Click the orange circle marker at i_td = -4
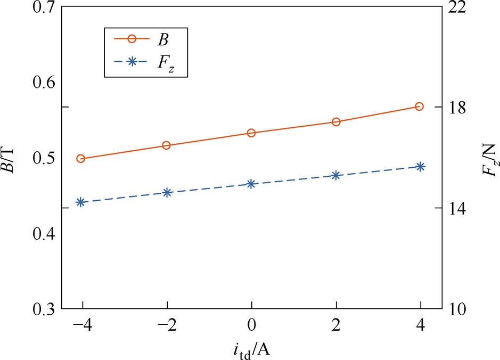click(81, 159)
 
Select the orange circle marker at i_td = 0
click(251, 133)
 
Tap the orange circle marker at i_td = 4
click(420, 107)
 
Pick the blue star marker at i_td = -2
click(167, 193)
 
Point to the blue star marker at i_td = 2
click(336, 175)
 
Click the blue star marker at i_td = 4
click(420, 167)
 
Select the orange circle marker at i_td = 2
click(336, 122)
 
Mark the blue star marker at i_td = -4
click(81, 202)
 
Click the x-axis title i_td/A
click(252, 349)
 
